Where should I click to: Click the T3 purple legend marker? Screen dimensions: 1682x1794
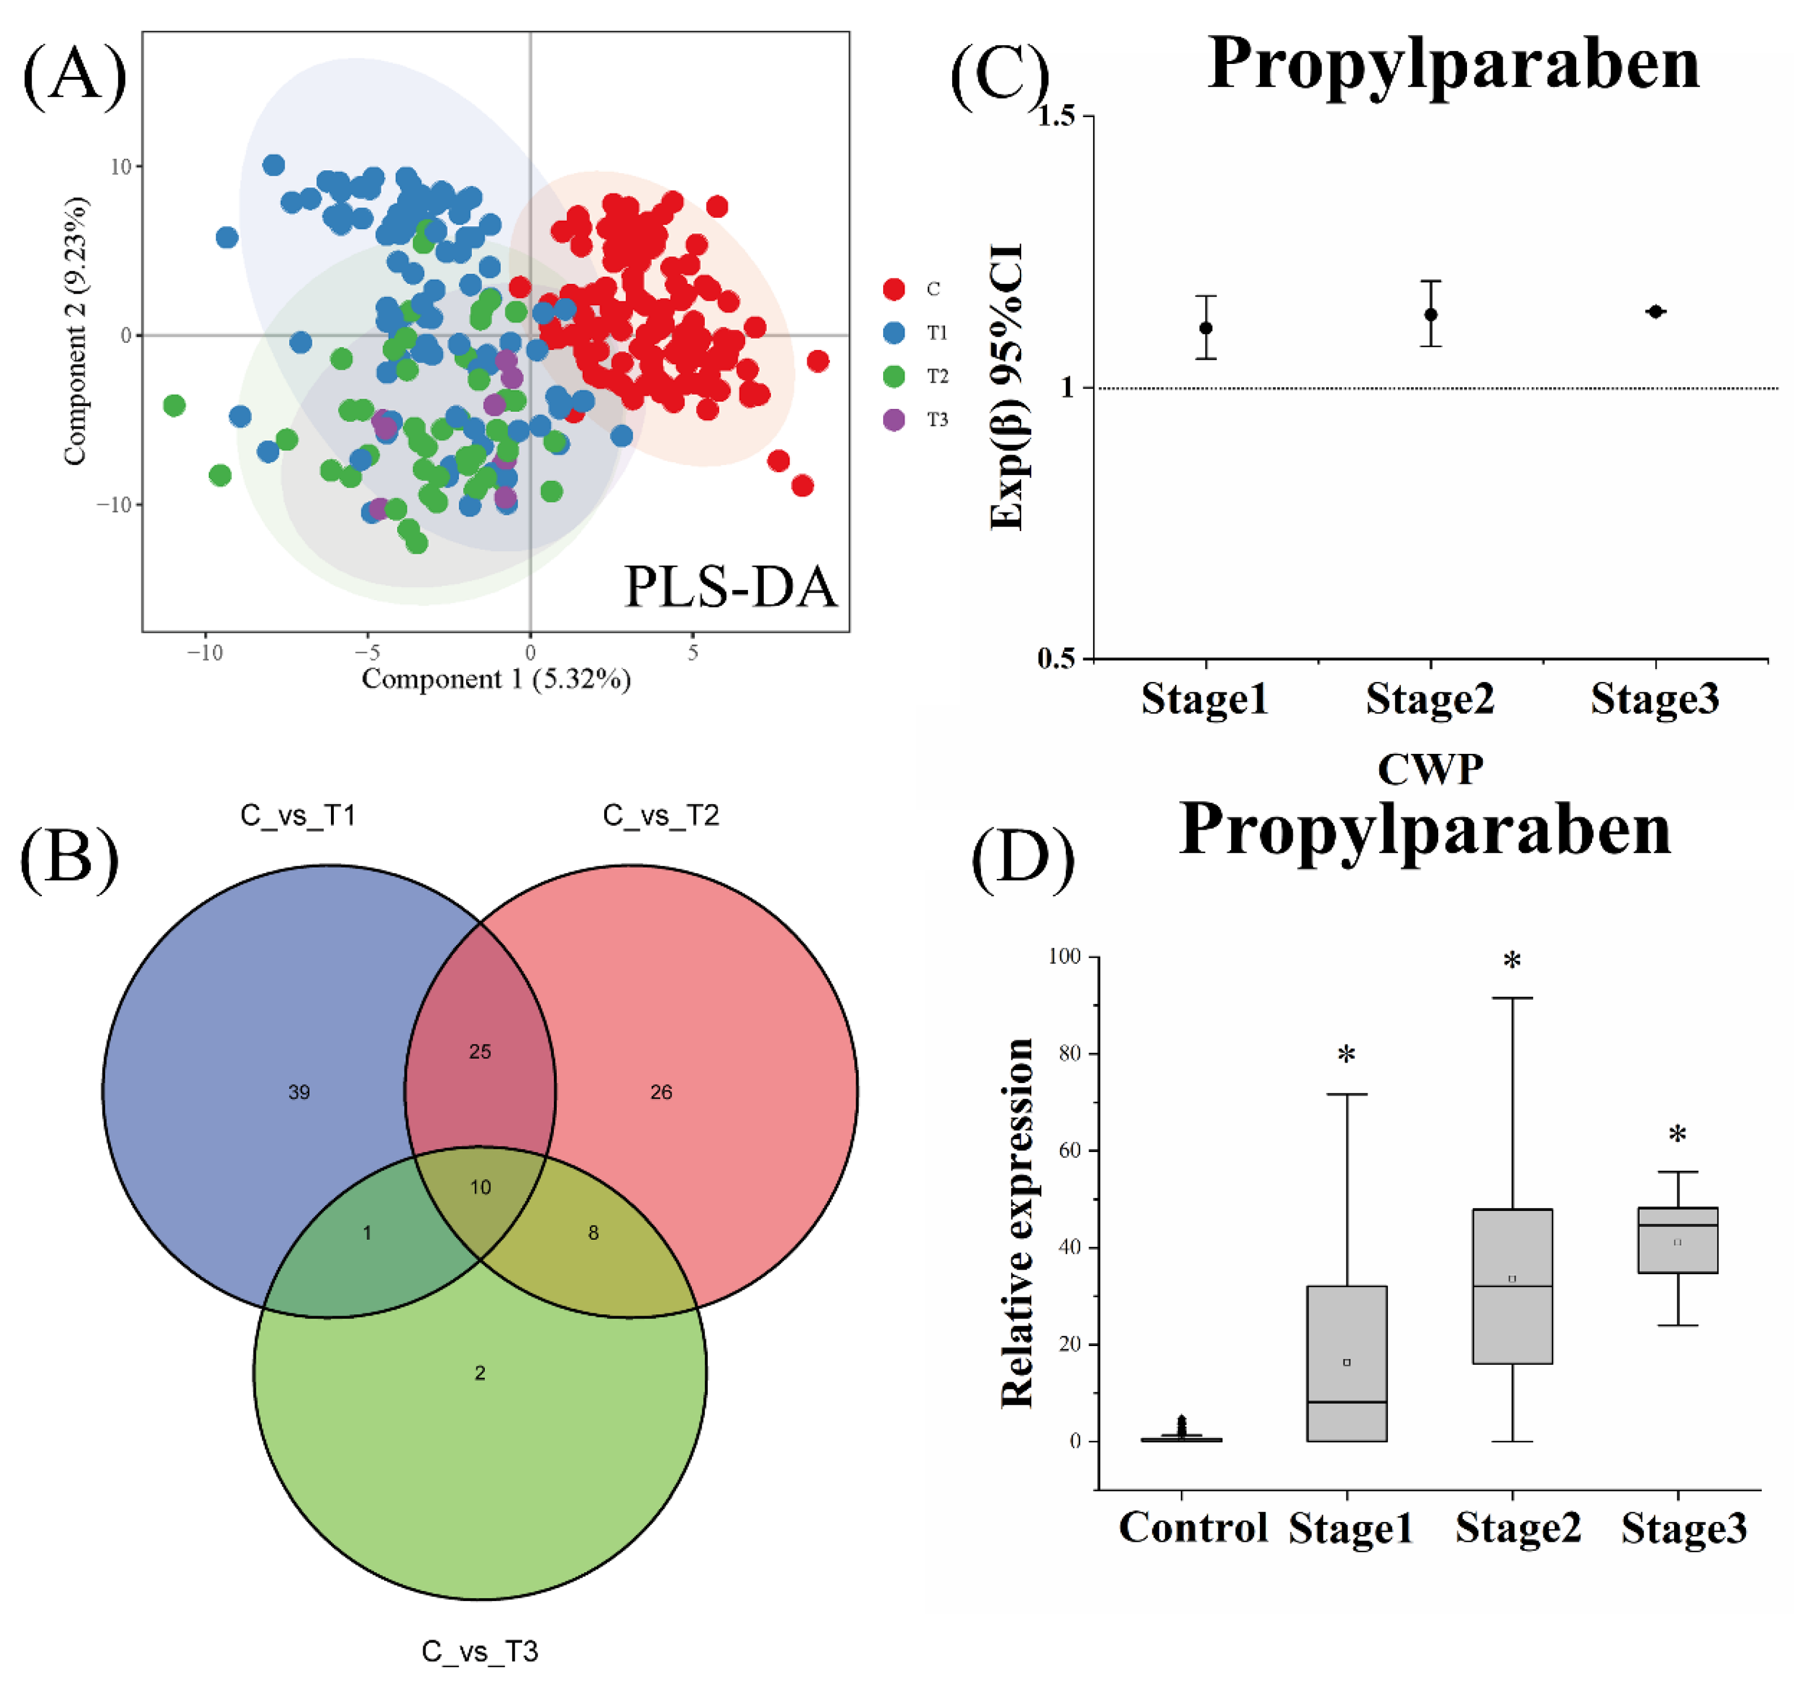(893, 420)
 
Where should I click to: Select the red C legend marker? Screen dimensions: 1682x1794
(893, 289)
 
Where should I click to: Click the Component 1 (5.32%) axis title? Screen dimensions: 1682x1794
(496, 679)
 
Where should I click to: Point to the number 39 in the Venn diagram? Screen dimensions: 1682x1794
(299, 1093)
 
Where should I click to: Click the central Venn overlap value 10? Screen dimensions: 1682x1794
(480, 1188)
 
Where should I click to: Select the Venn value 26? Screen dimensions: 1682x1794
(661, 1093)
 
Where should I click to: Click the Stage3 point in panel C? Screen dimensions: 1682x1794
(1655, 312)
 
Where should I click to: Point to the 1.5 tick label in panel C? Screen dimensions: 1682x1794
(1065, 117)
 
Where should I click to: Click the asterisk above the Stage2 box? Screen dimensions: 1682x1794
(1512, 960)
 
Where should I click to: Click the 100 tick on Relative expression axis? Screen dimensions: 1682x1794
(1064, 956)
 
